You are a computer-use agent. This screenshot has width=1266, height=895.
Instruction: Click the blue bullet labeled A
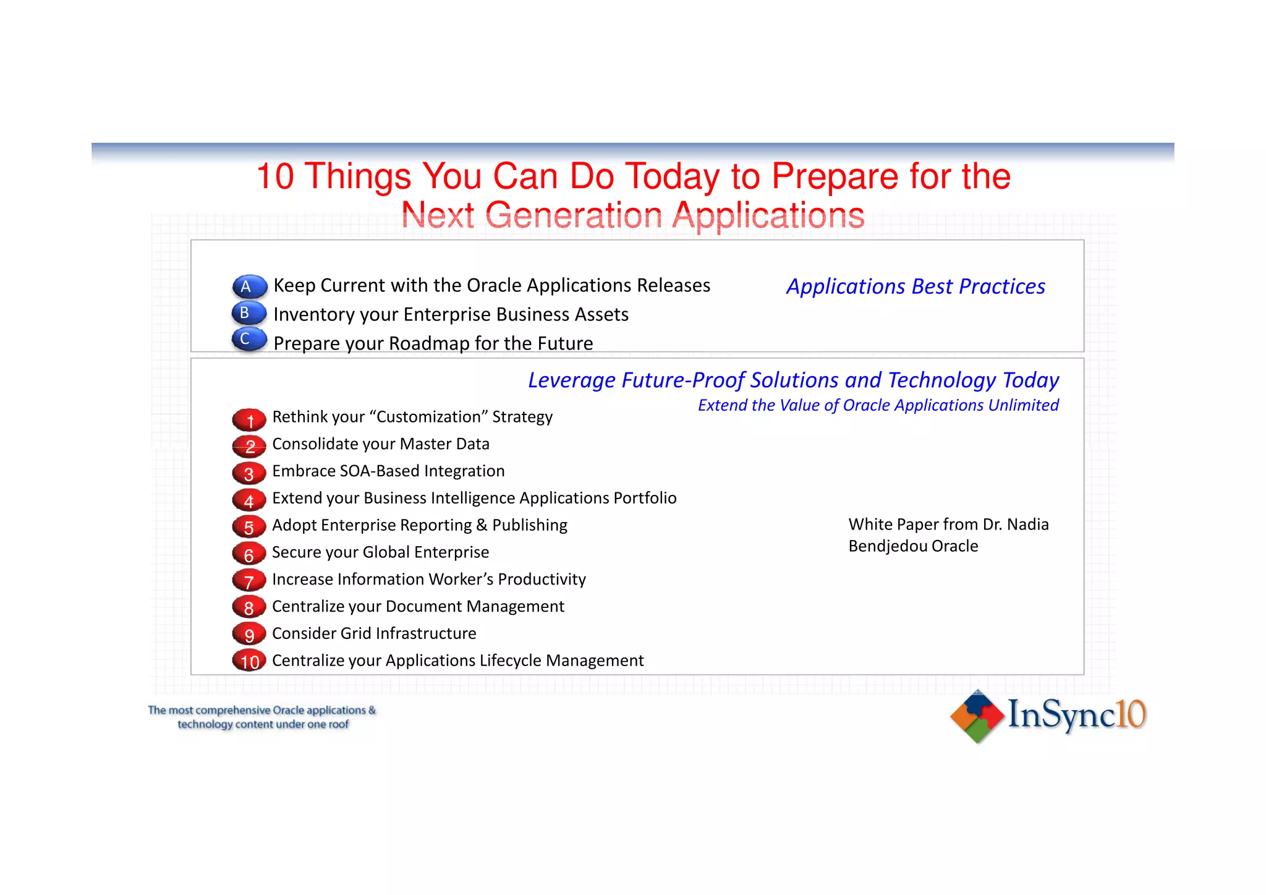249,286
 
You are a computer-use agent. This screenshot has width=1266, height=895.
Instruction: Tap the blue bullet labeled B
249,313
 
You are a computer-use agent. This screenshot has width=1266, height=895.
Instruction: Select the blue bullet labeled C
249,339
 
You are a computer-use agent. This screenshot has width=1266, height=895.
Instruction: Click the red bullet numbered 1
249,420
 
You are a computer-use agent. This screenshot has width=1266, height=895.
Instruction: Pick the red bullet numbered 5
249,527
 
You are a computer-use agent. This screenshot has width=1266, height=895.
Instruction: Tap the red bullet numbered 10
249,661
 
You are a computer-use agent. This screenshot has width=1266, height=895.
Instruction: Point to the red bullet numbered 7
249,581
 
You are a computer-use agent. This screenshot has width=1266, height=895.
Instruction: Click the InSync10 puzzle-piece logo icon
977,716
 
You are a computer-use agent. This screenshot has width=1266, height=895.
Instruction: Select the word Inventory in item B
314,315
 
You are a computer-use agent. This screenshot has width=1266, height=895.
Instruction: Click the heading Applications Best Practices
916,287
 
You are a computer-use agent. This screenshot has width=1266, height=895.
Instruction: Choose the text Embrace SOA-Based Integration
388,471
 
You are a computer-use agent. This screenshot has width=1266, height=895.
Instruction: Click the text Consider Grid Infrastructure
374,633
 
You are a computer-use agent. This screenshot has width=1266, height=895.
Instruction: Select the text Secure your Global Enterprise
380,552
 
